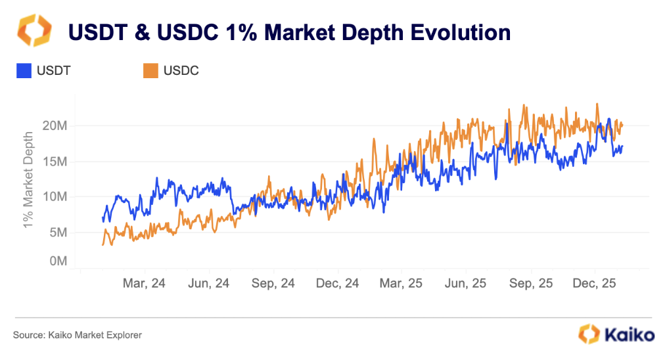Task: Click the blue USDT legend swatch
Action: coord(24,70)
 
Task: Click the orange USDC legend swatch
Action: coord(150,70)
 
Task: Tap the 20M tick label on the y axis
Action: coord(53,125)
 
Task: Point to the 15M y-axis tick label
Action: coord(53,162)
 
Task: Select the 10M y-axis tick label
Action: coord(53,197)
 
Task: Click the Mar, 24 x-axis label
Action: coord(144,283)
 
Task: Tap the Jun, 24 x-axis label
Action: coord(208,283)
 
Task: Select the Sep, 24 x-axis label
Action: coord(273,283)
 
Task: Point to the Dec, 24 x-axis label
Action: coord(337,283)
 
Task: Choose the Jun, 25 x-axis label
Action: coord(466,283)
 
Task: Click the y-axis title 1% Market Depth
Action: coord(28,179)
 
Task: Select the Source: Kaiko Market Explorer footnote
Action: coord(77,335)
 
